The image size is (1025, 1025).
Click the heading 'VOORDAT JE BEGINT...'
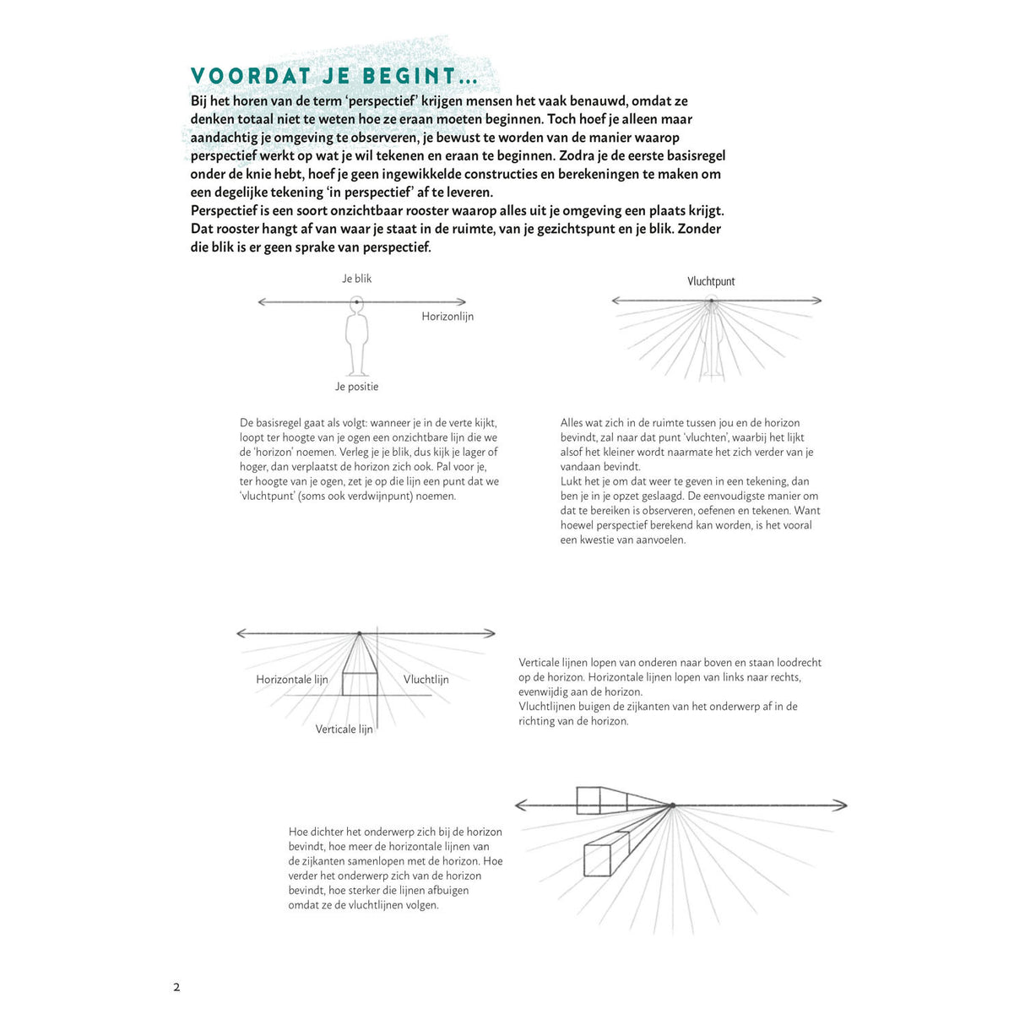point(334,76)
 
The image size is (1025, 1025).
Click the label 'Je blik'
point(356,279)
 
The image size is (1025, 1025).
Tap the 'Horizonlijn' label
point(447,317)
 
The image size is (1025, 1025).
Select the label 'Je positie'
point(356,387)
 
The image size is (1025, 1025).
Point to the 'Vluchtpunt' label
point(711,282)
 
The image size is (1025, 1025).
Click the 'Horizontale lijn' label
point(292,680)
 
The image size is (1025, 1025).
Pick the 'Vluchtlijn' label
point(426,680)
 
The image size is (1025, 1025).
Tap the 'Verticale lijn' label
point(344,729)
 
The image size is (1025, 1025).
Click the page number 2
point(176,987)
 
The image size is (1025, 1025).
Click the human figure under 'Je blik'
point(357,342)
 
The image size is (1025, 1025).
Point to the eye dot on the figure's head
point(357,301)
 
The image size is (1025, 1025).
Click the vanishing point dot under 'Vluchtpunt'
point(712,301)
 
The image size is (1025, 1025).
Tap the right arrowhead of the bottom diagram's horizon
point(842,805)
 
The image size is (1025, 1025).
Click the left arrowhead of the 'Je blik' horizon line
point(262,301)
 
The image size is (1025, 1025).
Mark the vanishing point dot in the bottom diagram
point(672,805)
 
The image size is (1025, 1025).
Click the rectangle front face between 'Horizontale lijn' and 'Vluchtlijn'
point(359,684)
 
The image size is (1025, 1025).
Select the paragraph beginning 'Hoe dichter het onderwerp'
point(395,868)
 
